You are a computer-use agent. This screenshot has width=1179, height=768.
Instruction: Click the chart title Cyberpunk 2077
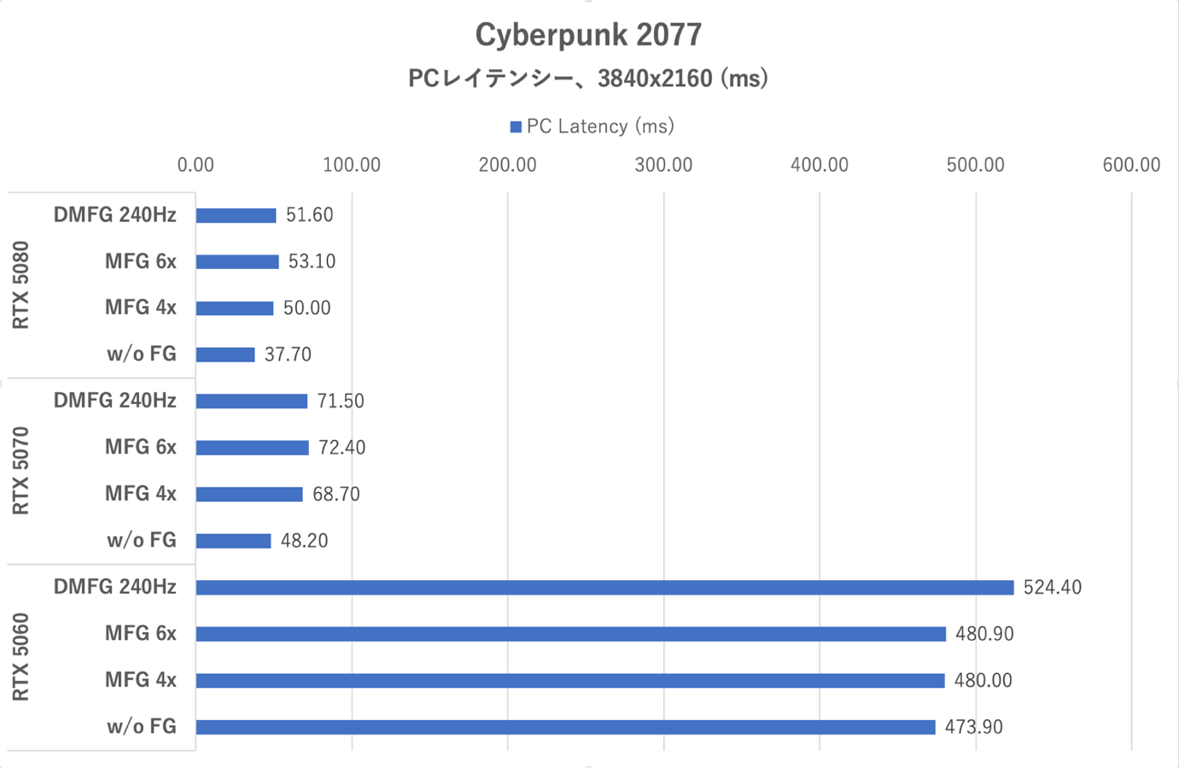(x=588, y=35)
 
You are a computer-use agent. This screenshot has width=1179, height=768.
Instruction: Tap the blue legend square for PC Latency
(x=516, y=127)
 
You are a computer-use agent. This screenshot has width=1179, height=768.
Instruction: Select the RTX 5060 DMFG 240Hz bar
(x=604, y=588)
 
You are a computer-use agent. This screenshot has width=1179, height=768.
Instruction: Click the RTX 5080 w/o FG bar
(x=225, y=355)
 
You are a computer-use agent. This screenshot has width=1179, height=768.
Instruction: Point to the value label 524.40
(x=1052, y=588)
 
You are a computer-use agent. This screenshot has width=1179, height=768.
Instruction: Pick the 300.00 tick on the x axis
(x=663, y=165)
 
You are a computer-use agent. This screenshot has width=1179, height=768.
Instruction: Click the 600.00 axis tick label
(x=1131, y=165)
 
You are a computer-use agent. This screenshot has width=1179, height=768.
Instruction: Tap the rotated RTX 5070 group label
(x=21, y=471)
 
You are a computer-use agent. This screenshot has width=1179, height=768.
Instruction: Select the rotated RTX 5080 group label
(x=21, y=285)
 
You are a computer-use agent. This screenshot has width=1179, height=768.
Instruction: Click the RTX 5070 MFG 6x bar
(x=252, y=448)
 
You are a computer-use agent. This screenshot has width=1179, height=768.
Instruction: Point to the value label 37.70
(x=288, y=355)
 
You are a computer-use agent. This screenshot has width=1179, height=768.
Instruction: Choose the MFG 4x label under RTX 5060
(x=140, y=680)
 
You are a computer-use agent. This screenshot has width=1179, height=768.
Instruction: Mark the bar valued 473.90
(x=565, y=727)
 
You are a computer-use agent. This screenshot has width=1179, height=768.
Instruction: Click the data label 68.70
(x=336, y=495)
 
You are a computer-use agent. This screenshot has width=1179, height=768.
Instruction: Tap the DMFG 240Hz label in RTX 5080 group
(x=114, y=215)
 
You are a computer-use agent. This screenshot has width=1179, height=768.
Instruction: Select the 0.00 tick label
(x=196, y=165)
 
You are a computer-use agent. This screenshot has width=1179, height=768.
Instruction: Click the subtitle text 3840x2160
(x=655, y=79)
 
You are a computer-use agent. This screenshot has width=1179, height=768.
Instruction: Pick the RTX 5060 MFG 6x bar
(x=570, y=634)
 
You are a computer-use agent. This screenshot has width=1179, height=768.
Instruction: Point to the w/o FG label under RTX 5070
(x=141, y=541)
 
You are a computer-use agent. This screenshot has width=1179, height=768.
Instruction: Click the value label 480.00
(x=983, y=681)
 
